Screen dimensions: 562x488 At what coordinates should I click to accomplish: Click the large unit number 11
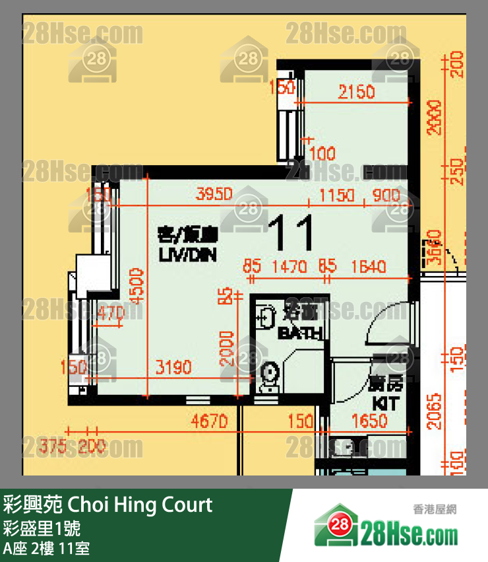coord(291,233)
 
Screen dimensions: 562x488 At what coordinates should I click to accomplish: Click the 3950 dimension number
coord(215,195)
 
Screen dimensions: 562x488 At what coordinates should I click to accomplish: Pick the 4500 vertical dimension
coord(136,286)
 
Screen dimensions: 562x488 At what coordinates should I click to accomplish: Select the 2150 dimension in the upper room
coord(356,92)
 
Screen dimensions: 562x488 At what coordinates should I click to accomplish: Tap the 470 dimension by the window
coord(110,314)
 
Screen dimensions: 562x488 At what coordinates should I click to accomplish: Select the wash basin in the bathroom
coord(265,318)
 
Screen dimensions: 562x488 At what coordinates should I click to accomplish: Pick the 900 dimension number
coord(385,195)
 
